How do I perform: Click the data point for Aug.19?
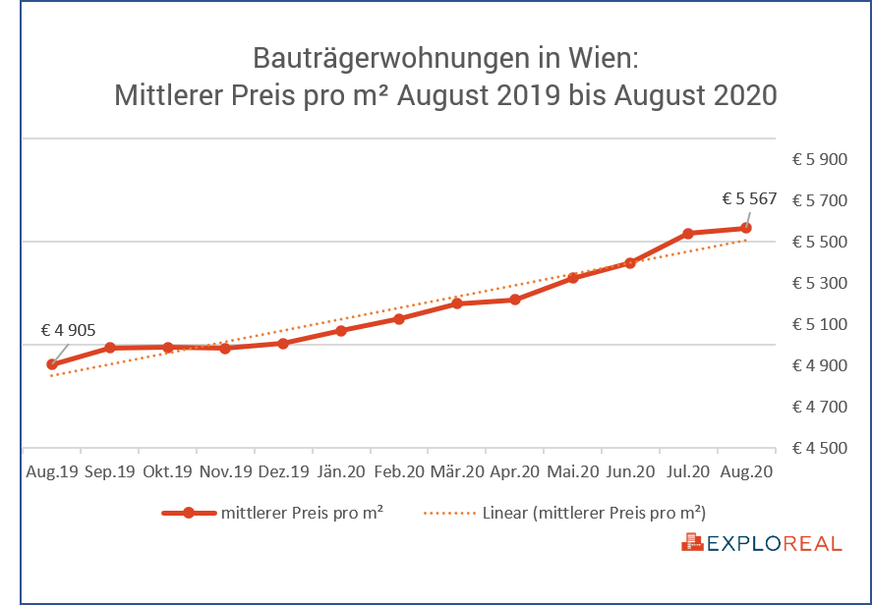pyautogui.click(x=52, y=364)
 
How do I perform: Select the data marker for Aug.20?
pyautogui.click(x=746, y=228)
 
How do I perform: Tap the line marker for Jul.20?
pyautogui.click(x=688, y=234)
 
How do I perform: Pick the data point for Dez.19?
pyautogui.click(x=283, y=343)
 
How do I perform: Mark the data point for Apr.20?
pyautogui.click(x=515, y=300)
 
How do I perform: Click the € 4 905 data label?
pyautogui.click(x=68, y=330)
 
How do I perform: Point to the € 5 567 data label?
pyautogui.click(x=749, y=198)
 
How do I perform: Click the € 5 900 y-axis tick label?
pyautogui.click(x=820, y=159)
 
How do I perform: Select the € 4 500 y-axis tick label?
pyautogui.click(x=820, y=448)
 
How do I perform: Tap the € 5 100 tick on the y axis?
pyautogui.click(x=820, y=324)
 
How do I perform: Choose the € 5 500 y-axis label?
pyautogui.click(x=820, y=242)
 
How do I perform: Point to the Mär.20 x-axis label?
pyautogui.click(x=457, y=471)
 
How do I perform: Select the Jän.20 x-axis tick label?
pyautogui.click(x=341, y=471)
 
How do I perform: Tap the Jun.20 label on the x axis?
pyautogui.click(x=630, y=471)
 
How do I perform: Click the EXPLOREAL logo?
pyautogui.click(x=763, y=542)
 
